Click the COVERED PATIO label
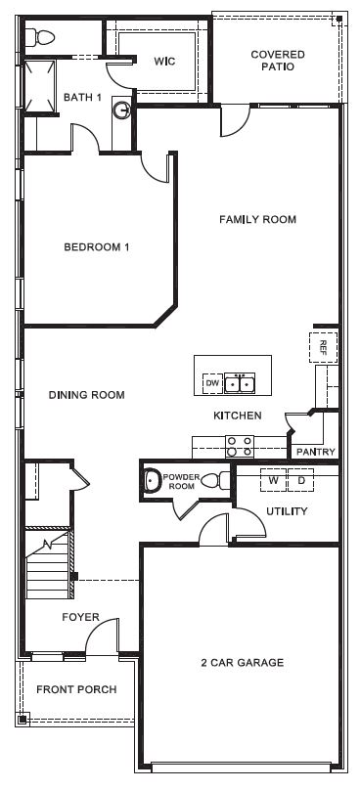277,61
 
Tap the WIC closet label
163,61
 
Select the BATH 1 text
82,97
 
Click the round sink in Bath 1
121,110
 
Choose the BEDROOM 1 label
97,247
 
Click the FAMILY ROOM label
256,220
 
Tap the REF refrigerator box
323,346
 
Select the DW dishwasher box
211,384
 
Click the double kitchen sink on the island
240,384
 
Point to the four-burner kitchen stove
240,447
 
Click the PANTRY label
315,452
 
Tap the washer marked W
274,480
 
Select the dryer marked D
301,480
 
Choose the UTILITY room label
287,511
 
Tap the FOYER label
80,617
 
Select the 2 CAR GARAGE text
244,662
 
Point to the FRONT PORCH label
76,689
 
